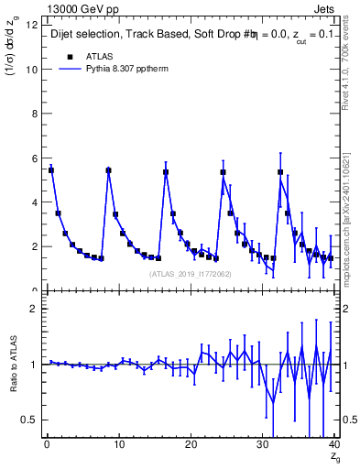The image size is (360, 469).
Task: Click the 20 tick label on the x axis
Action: [191, 446]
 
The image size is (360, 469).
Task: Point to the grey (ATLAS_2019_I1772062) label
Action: [190, 273]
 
